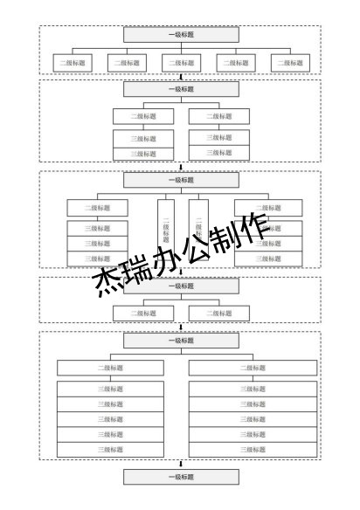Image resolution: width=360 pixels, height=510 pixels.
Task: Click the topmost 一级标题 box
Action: (181, 35)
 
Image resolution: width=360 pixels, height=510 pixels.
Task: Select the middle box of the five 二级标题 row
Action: (181, 63)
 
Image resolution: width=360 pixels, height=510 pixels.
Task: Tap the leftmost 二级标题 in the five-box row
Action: (73, 63)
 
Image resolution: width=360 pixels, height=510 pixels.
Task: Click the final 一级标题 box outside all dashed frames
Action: (181, 477)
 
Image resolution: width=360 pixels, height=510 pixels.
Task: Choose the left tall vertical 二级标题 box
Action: (166, 224)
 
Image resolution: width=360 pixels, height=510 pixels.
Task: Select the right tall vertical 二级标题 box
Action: (198, 224)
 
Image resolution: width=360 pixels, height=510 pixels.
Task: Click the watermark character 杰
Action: (111, 285)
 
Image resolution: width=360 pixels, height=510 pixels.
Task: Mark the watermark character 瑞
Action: (140, 274)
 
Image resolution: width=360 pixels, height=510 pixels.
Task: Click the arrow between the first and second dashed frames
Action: (181, 78)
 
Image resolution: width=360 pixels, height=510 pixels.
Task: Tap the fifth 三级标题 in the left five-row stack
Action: (110, 450)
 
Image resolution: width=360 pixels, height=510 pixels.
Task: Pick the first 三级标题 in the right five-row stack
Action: (253, 389)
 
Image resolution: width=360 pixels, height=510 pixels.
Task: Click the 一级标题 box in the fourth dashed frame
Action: (181, 286)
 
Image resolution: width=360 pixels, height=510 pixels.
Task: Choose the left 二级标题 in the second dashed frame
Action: (144, 116)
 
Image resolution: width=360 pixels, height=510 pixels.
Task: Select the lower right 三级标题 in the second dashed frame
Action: (219, 153)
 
